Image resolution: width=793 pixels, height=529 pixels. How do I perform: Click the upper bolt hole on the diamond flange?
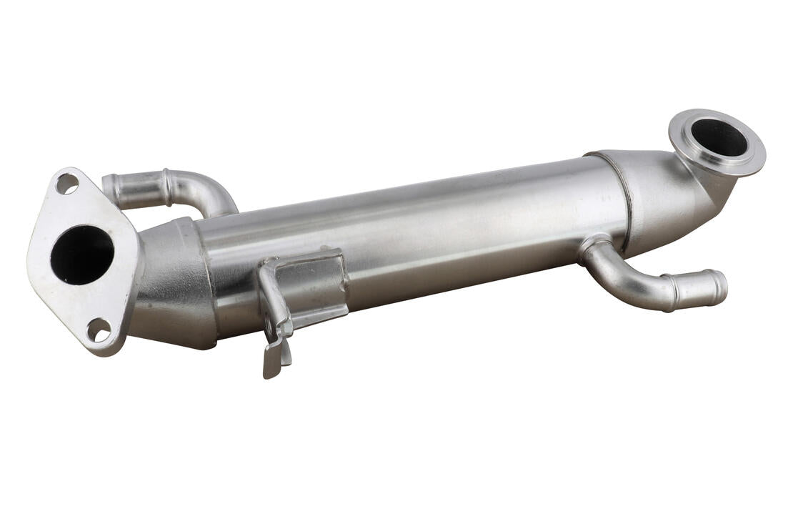67,184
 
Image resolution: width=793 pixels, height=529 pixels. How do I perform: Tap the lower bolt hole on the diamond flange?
99,330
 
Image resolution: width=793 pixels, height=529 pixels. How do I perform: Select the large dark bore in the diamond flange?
81,254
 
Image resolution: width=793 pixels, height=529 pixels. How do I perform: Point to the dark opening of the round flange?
719,137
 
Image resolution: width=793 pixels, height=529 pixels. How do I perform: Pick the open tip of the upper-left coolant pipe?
109,188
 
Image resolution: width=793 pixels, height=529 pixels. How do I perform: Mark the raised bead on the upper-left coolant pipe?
166,187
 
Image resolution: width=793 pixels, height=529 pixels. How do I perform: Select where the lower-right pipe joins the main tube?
594,247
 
